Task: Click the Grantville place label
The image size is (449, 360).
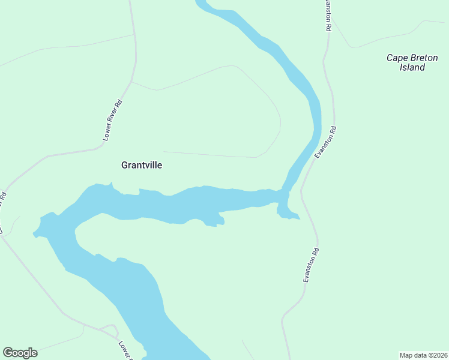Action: pyautogui.click(x=142, y=164)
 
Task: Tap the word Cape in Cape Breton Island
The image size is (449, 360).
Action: pyautogui.click(x=396, y=58)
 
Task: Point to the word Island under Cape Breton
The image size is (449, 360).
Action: pyautogui.click(x=412, y=67)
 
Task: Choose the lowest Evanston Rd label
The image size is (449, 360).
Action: pyautogui.click(x=311, y=265)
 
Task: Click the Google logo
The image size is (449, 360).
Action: pyautogui.click(x=20, y=353)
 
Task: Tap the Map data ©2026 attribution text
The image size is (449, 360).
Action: pyautogui.click(x=423, y=355)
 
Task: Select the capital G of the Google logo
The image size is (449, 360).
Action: pyautogui.click(x=8, y=353)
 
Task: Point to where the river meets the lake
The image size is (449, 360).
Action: pyautogui.click(x=285, y=191)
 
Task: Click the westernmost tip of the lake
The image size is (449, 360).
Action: pyautogui.click(x=35, y=232)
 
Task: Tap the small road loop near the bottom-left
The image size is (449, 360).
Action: pyautogui.click(x=109, y=329)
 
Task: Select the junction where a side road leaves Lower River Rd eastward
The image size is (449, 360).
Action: pyautogui.click(x=131, y=82)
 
